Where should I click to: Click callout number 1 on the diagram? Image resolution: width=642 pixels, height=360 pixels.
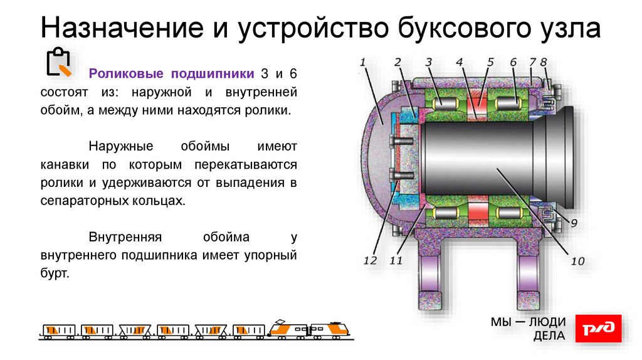point(362,62)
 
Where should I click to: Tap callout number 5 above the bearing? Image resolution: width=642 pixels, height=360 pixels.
point(490,62)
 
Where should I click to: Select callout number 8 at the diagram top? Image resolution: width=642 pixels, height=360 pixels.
point(544,62)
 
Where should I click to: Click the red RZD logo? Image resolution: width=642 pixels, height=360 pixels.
point(599,329)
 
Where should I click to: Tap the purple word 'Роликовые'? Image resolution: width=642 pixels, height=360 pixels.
point(126,74)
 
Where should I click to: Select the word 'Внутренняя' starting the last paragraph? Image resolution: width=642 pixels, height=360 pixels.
point(125,238)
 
